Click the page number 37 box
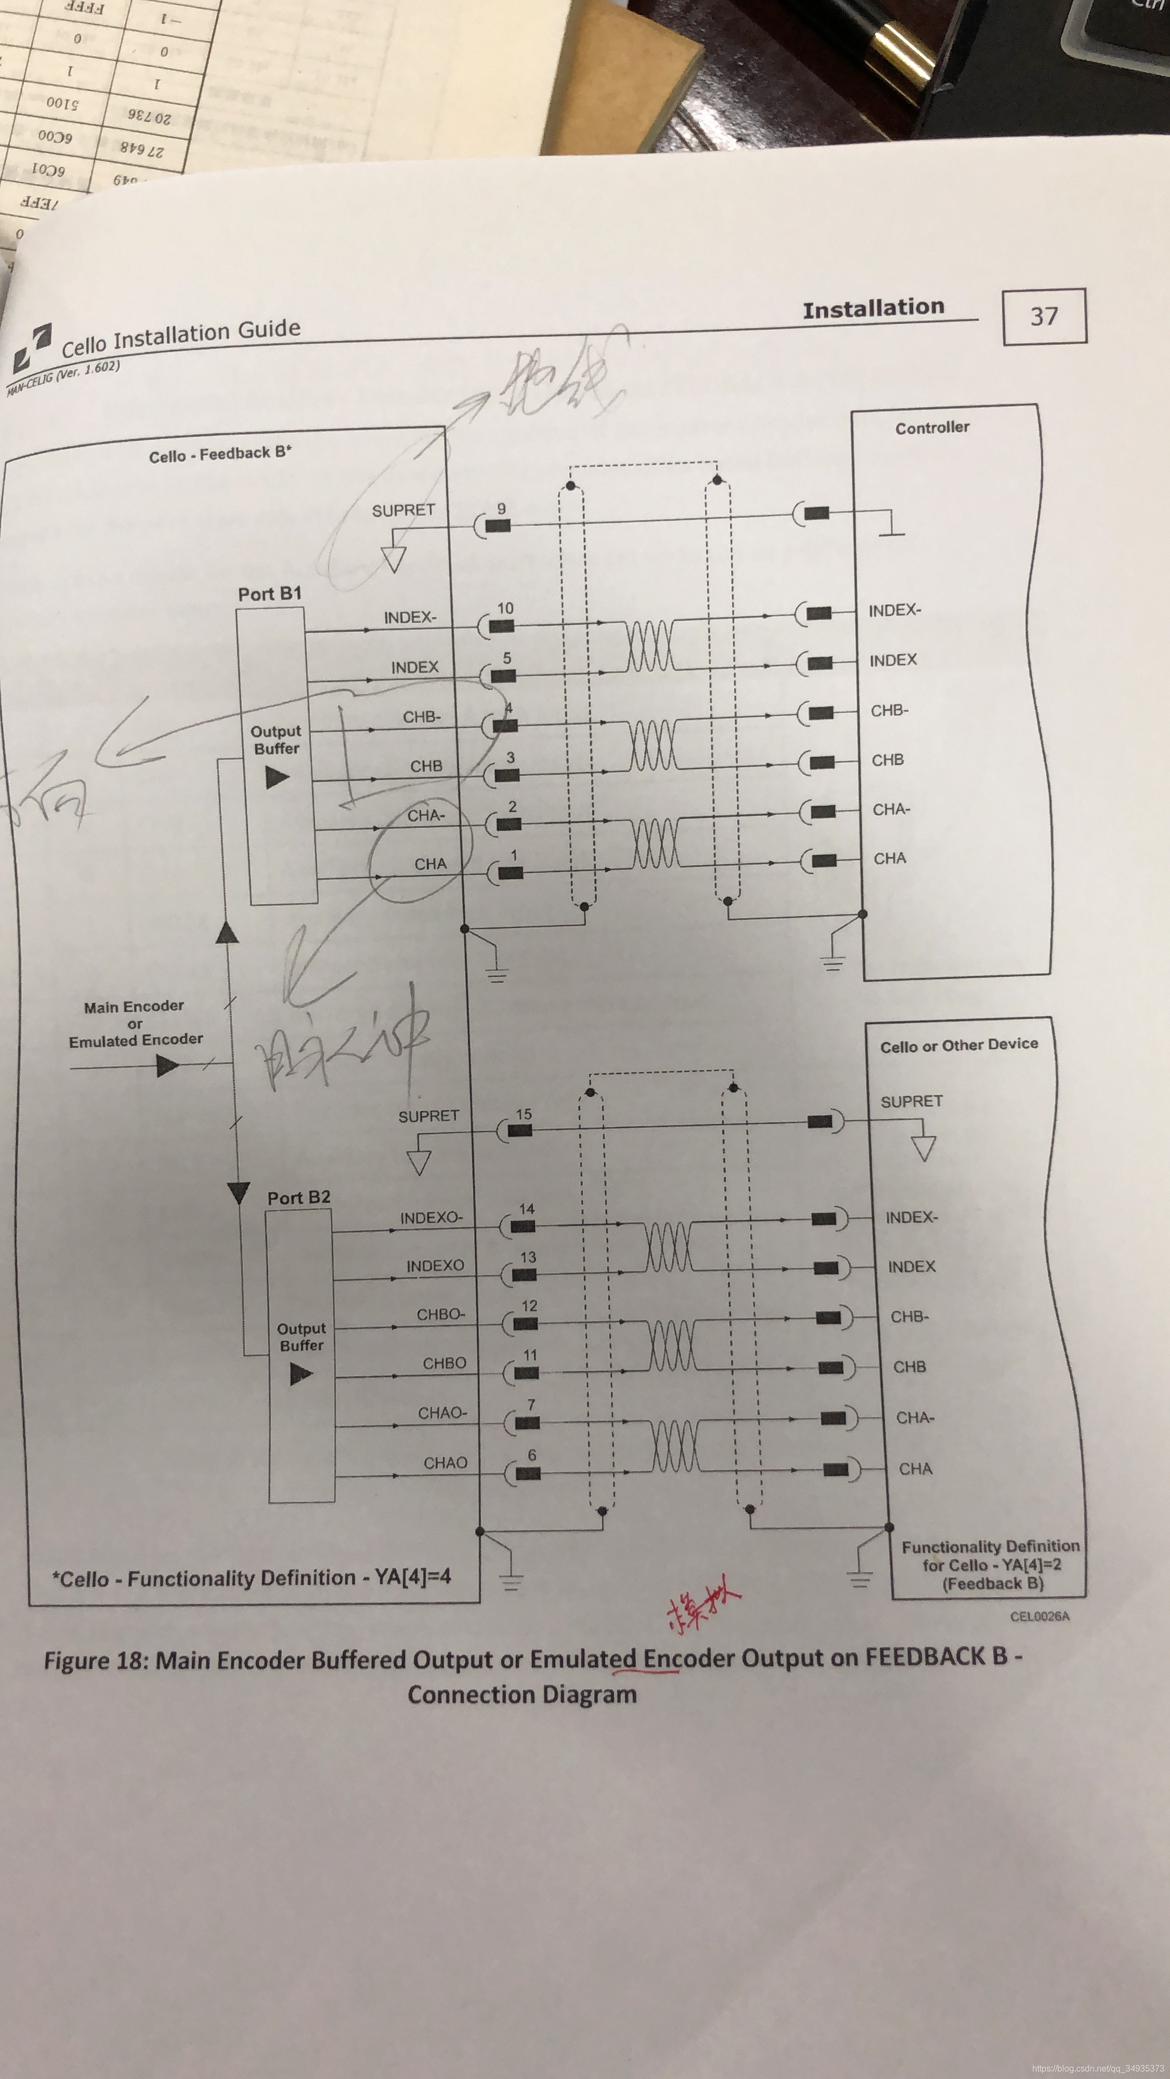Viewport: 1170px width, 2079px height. point(1044,316)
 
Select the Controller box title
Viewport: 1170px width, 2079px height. point(932,428)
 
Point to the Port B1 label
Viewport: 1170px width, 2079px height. point(270,594)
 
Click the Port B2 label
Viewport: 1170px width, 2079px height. point(299,1198)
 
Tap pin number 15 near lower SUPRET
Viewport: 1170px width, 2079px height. point(523,1114)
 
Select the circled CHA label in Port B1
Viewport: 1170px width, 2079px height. point(431,864)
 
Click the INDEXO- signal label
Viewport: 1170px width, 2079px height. point(431,1218)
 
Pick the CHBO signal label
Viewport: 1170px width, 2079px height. point(444,1363)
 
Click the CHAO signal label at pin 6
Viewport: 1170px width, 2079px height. point(445,1462)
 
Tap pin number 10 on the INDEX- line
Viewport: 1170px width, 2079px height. point(505,607)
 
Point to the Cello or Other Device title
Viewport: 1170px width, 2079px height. point(958,1045)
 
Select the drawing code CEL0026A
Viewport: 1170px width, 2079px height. point(1039,1616)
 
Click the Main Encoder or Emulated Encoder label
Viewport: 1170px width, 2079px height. point(135,1023)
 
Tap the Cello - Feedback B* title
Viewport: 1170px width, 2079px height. point(219,454)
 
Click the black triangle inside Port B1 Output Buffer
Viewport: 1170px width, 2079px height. point(277,777)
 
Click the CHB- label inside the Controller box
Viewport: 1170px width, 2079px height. point(889,710)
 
